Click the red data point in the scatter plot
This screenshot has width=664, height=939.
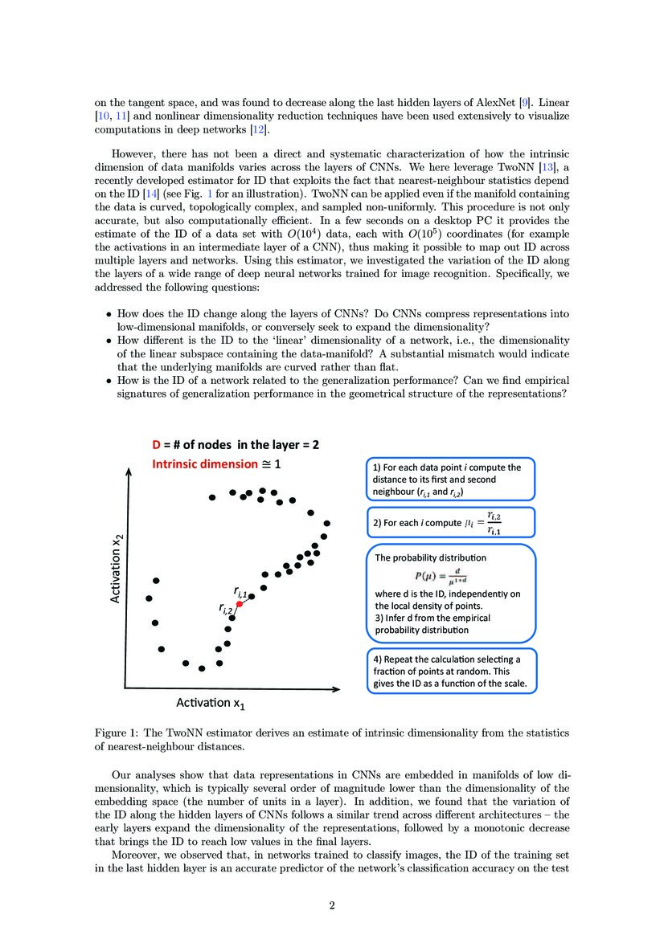tap(239, 602)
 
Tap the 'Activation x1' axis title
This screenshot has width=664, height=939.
tap(211, 703)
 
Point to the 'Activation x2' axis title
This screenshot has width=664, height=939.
tap(118, 571)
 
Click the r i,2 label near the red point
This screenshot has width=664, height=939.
tap(225, 609)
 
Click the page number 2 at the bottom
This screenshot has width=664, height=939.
tap(331, 906)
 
